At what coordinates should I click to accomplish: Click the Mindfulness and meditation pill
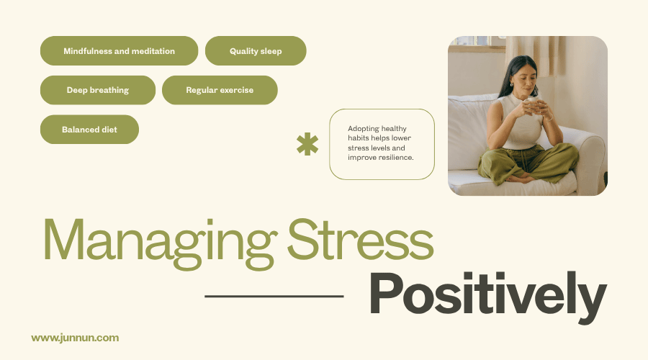point(119,51)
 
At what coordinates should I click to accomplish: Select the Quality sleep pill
point(256,51)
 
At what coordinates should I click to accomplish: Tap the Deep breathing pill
point(97,90)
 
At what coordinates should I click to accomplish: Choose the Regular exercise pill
point(220,90)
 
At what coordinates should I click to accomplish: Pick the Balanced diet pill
point(89,130)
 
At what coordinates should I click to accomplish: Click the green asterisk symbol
point(307,144)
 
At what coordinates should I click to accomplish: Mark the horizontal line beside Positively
point(274,295)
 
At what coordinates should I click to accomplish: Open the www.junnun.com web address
point(75,337)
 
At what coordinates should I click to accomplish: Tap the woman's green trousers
point(529,162)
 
